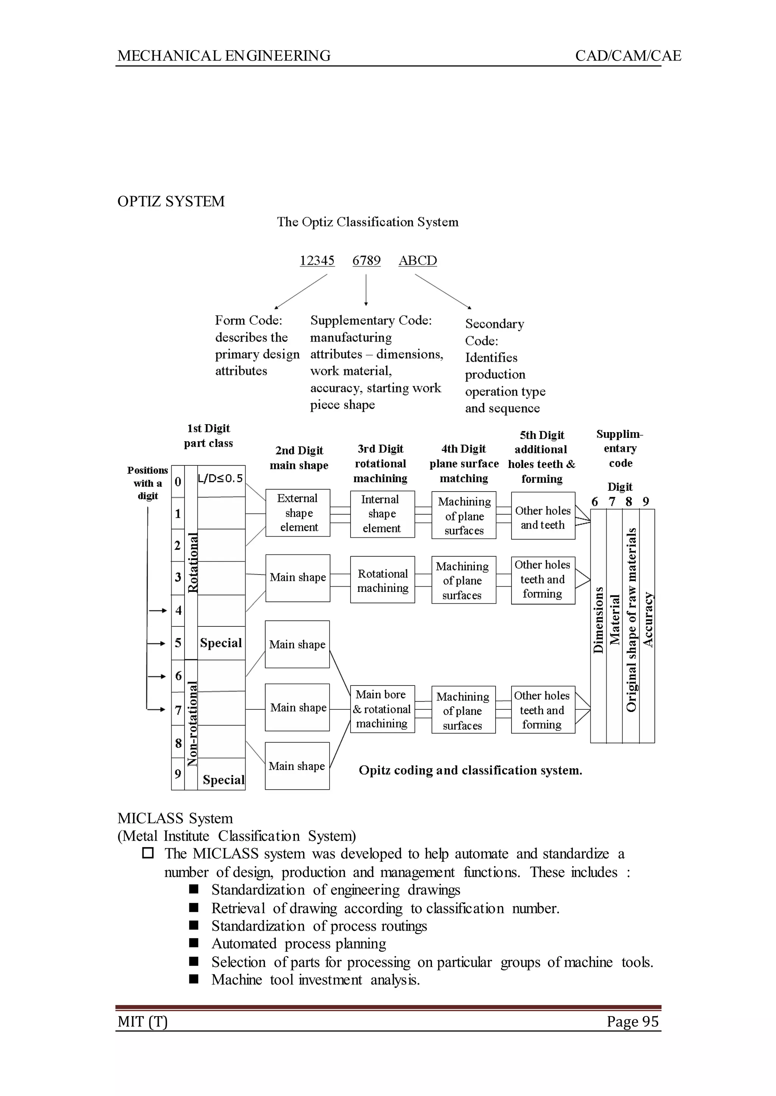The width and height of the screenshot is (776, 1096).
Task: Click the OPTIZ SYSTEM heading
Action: coord(171,201)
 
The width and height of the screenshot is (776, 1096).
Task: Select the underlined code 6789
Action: coord(366,261)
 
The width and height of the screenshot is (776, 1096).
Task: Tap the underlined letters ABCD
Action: coord(418,261)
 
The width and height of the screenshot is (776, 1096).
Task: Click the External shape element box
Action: coord(298,513)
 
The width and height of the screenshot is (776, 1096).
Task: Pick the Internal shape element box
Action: coord(382,514)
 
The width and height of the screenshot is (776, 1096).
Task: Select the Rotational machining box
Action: coord(382,580)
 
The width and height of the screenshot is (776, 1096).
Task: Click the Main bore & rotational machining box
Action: coord(382,709)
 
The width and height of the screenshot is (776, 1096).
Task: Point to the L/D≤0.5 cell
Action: coord(221,479)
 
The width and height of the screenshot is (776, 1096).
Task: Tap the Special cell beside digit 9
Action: coord(223,780)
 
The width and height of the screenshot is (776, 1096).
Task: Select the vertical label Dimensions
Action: coord(598,620)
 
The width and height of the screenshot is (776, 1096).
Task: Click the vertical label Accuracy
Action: coord(648,620)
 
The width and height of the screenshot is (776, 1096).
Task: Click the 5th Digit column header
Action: coord(541,457)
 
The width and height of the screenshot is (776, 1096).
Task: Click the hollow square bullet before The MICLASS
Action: coord(148,852)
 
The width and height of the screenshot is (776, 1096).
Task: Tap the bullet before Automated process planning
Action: coord(194,943)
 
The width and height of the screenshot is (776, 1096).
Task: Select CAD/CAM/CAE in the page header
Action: coord(628,56)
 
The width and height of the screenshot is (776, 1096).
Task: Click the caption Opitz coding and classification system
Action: coord(470,770)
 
